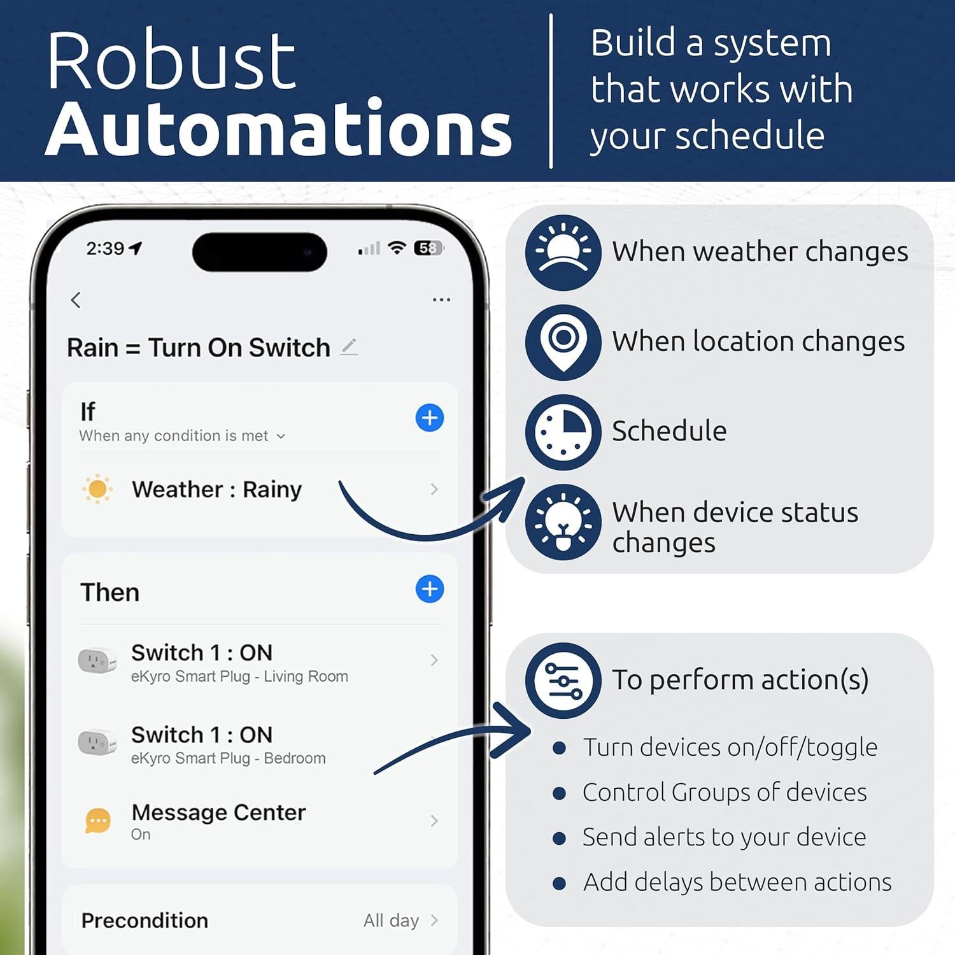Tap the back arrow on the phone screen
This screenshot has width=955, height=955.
76,300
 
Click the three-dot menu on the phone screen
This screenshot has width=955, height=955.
441,299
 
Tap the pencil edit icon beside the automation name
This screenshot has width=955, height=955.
349,347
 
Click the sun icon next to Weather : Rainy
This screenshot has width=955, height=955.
97,489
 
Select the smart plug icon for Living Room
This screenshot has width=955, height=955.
97,660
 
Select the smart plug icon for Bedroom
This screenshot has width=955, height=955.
97,742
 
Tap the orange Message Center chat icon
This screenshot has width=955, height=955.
98,821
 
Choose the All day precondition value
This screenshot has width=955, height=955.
391,920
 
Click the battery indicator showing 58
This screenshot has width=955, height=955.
428,248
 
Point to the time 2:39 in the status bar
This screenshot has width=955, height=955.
106,248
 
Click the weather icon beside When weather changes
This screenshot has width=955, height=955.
563,252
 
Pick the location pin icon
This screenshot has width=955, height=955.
563,342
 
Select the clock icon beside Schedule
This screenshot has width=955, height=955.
563,432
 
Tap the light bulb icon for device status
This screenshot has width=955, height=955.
563,522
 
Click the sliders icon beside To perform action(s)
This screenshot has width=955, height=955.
563,680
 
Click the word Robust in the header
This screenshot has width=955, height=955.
171,62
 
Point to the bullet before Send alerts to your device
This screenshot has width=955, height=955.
559,838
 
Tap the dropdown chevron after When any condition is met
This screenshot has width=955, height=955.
281,436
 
